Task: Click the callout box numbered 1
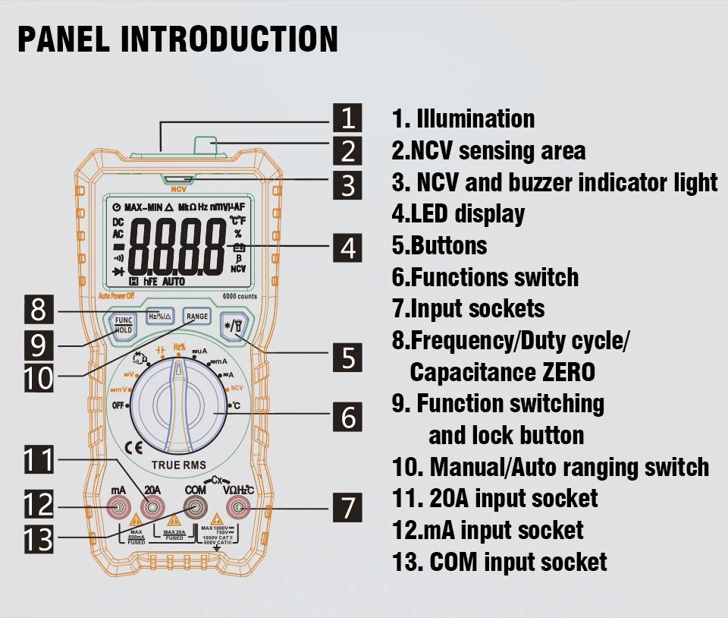pyautogui.click(x=348, y=118)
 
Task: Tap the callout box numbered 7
pyautogui.click(x=348, y=507)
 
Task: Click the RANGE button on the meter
pyautogui.click(x=196, y=317)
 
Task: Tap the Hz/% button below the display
pyautogui.click(x=160, y=317)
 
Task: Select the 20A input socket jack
pyautogui.click(x=153, y=508)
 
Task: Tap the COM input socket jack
pyautogui.click(x=196, y=508)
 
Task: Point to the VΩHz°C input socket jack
pyautogui.click(x=239, y=508)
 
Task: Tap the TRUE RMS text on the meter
pyautogui.click(x=178, y=465)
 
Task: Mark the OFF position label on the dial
pyautogui.click(x=119, y=405)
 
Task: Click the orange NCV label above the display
pyautogui.click(x=178, y=190)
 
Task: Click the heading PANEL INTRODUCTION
pyautogui.click(x=177, y=39)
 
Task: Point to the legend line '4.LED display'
pyautogui.click(x=458, y=214)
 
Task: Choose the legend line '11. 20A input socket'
pyautogui.click(x=494, y=499)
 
